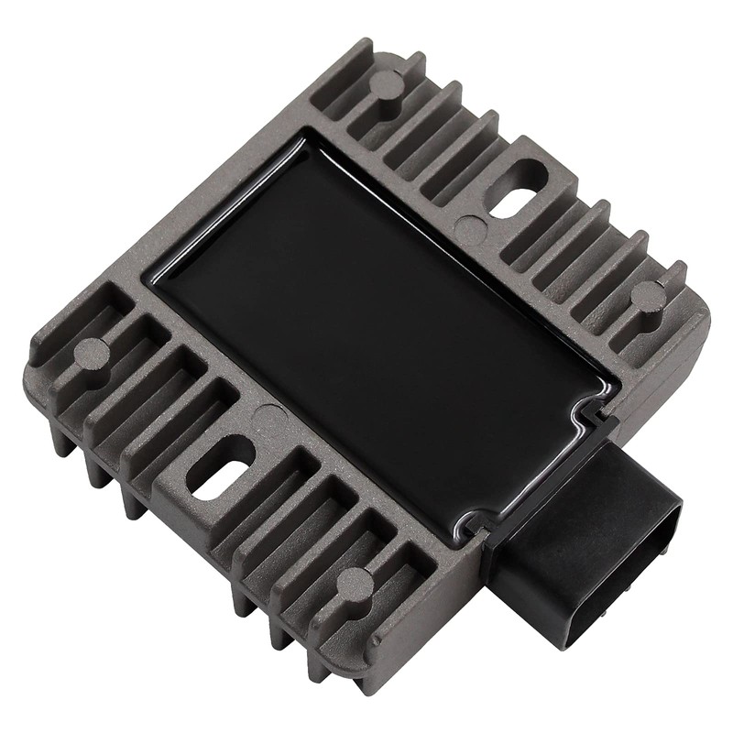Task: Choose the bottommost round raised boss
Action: click(x=356, y=583)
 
